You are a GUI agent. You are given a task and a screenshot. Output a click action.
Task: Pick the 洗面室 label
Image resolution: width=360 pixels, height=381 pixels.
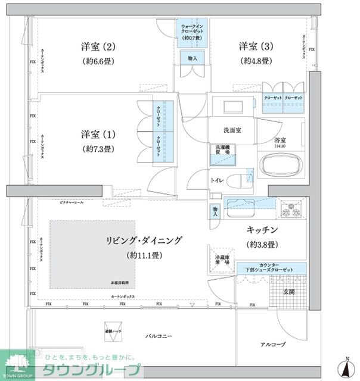[x=232, y=131]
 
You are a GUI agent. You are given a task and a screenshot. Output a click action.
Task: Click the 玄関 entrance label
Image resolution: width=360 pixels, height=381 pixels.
[x=288, y=292]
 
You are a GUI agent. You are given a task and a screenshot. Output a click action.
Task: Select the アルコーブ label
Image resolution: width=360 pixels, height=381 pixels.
[x=273, y=344]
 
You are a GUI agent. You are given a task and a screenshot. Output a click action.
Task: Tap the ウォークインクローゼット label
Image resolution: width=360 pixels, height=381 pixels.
[x=193, y=30]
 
